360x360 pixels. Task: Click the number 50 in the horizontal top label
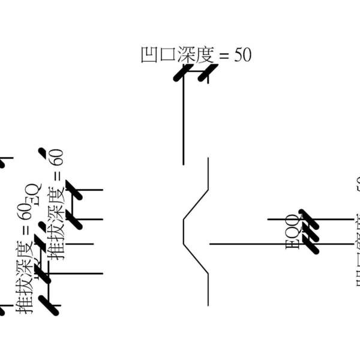[242, 55]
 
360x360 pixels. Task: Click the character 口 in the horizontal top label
[167, 55]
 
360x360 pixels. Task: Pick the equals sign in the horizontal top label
[224, 55]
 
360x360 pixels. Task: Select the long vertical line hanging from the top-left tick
[184, 120]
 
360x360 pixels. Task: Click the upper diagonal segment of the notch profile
[196, 205]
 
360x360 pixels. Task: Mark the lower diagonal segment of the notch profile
[196, 259]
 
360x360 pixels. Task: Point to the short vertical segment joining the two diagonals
[184, 232]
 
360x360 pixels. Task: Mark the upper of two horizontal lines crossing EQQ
[324, 220]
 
